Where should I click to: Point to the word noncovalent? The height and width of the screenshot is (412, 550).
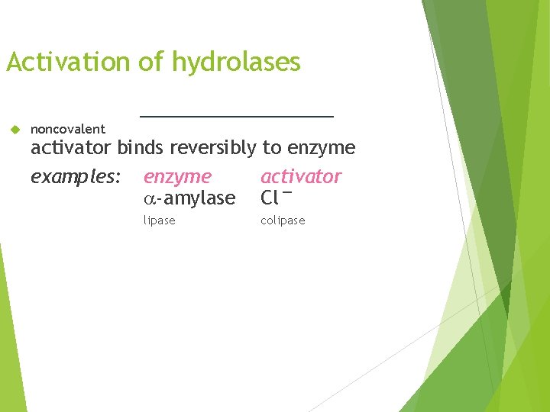(68, 129)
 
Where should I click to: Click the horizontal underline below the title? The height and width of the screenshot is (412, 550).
(237, 116)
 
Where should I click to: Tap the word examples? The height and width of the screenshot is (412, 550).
(76, 177)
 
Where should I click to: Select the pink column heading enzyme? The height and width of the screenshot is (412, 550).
(177, 177)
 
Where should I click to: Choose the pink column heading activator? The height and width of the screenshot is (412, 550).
(301, 176)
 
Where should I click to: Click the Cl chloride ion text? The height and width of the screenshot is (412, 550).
(269, 198)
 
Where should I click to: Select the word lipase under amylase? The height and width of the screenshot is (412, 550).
(159, 220)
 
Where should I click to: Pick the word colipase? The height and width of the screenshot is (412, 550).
(283, 220)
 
